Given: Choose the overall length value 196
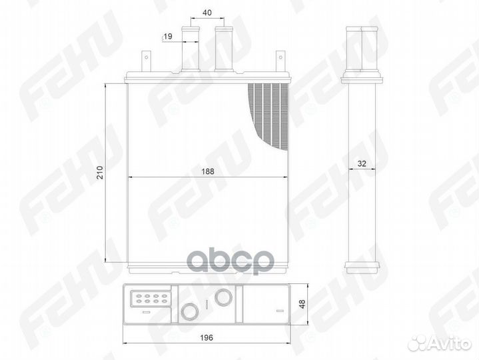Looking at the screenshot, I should pos(209,337).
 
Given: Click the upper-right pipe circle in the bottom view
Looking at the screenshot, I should pos(224,297).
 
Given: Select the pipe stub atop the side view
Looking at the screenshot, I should pos(361,50).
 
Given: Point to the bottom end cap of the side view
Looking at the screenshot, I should pos(362,266).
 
